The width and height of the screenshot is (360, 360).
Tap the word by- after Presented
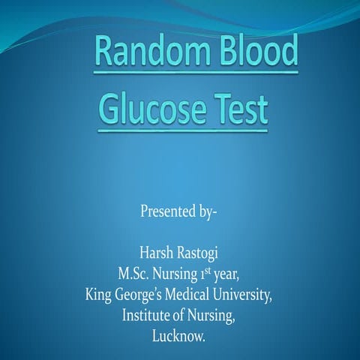click(204, 209)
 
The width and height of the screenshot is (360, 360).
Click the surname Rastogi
click(196, 252)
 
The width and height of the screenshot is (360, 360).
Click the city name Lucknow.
click(178, 337)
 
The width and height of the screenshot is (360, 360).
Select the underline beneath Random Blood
click(196, 73)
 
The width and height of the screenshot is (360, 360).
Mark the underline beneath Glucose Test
click(183, 130)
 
